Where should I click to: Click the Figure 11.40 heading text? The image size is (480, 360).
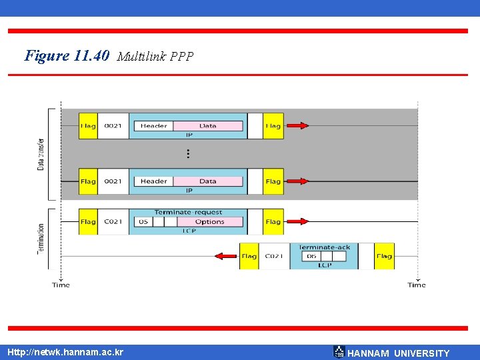[x=67, y=55]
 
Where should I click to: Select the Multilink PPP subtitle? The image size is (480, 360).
[x=155, y=57]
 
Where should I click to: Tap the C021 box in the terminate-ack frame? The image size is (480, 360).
[x=273, y=256]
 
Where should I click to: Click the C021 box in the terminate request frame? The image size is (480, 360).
[x=113, y=222]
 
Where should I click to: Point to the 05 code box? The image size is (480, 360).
[x=143, y=222]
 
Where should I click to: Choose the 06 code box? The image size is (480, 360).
[x=311, y=256]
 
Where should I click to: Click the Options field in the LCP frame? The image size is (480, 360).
[x=209, y=222]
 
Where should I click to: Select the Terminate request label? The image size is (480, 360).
[x=189, y=212]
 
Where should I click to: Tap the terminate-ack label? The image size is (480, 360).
[x=324, y=247]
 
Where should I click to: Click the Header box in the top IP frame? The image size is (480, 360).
[x=153, y=126]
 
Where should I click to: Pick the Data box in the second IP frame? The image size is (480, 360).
[x=208, y=181]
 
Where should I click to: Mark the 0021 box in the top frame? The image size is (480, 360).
[x=113, y=126]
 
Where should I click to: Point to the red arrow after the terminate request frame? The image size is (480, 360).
[x=297, y=222]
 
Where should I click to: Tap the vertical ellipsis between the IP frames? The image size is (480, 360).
[x=189, y=153]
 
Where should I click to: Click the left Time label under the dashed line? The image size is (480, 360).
[x=61, y=285]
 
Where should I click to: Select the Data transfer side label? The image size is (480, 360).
[x=41, y=154]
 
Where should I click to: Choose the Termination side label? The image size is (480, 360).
[x=41, y=239]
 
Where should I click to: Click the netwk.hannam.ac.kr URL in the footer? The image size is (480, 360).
[x=65, y=352]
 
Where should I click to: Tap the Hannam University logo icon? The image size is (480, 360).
[x=339, y=352]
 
